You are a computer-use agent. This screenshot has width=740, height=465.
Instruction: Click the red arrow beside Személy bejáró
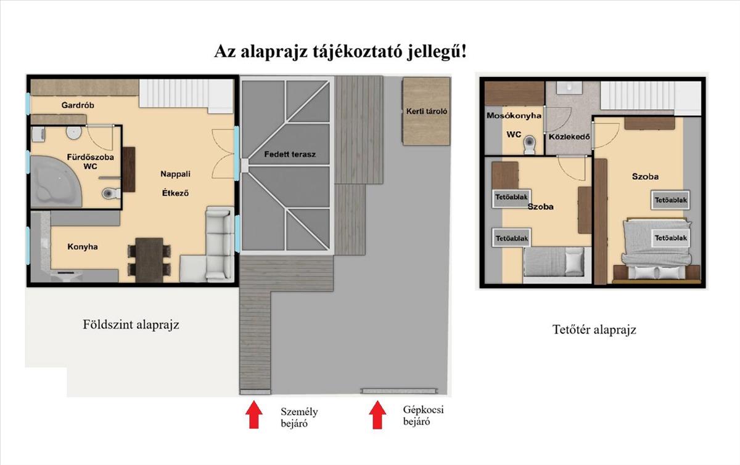coord(253,414)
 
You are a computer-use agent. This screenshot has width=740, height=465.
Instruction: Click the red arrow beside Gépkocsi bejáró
coord(377,415)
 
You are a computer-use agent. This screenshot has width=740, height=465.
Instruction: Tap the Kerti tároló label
coord(427,111)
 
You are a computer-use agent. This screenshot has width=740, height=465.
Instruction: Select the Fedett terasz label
coord(290,155)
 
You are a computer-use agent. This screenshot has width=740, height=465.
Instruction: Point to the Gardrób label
coord(78,105)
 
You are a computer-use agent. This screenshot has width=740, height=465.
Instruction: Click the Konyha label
coord(83,247)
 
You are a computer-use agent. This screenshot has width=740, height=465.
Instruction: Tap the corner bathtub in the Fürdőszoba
coord(55,182)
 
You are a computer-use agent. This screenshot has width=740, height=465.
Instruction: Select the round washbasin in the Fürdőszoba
coord(73,132)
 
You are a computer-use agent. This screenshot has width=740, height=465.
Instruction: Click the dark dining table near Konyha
coord(149,260)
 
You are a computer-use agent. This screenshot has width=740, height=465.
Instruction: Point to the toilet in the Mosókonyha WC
coord(530,145)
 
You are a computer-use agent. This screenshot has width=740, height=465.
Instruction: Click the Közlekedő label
coord(569,137)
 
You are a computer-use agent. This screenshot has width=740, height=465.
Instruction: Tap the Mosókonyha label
coord(514,116)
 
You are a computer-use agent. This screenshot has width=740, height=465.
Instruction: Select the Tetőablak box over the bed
coord(671,238)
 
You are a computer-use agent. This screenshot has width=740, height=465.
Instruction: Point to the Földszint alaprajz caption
coord(131,325)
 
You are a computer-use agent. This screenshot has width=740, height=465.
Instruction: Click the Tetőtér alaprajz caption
coord(594,330)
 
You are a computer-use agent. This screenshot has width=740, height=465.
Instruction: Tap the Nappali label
coord(175,174)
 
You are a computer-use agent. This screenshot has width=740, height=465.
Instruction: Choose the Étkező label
coord(175,193)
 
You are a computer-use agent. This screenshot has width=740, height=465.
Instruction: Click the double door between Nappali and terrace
coord(224,153)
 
